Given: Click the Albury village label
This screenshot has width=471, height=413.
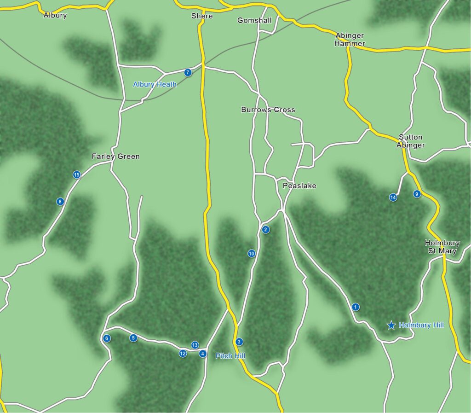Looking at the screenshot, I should pyautogui.click(x=55, y=15).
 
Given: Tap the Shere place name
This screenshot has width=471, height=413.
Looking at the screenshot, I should pyautogui.click(x=202, y=16).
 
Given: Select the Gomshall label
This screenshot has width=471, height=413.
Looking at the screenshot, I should pyautogui.click(x=254, y=20).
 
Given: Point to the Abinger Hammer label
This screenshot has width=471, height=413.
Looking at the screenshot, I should pyautogui.click(x=350, y=40).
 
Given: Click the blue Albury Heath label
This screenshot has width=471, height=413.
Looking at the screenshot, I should pyautogui.click(x=155, y=84).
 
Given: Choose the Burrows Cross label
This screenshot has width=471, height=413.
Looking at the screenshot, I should pyautogui.click(x=268, y=110).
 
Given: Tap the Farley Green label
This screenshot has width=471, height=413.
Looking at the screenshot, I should pyautogui.click(x=115, y=157).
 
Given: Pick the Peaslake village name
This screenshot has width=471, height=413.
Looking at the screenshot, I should pyautogui.click(x=299, y=186).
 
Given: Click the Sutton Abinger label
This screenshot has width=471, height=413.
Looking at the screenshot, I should pyautogui.click(x=411, y=141).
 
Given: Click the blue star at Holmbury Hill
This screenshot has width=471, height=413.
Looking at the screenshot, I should pyautogui.click(x=391, y=326).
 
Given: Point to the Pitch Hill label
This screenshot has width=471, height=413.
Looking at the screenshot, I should pyautogui.click(x=230, y=356).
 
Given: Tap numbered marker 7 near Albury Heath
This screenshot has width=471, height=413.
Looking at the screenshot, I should pyautogui.click(x=188, y=72).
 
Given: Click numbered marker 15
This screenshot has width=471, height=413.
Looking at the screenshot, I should pyautogui.click(x=77, y=175).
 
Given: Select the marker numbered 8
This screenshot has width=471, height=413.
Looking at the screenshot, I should pyautogui.click(x=60, y=201).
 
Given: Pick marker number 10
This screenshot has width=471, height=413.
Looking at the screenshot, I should pyautogui.click(x=252, y=253).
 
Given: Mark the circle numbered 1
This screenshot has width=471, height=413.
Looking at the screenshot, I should pyautogui.click(x=355, y=307).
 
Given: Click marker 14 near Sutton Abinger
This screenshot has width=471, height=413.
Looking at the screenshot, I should pyautogui.click(x=393, y=198).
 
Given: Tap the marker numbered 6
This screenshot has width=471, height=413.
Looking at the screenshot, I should pyautogui.click(x=107, y=338).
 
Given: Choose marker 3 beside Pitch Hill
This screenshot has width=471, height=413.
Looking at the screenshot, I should pyautogui.click(x=239, y=342).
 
